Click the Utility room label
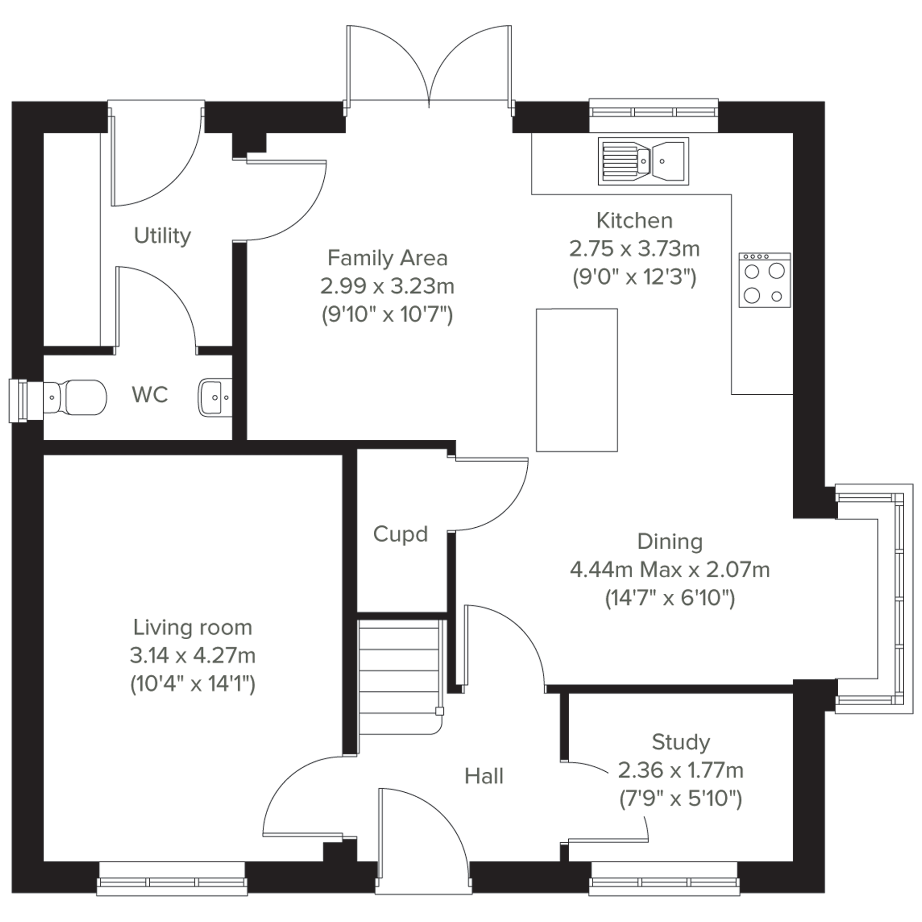point(162,236)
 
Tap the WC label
point(150,395)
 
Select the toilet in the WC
point(75,397)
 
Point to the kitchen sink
point(643,161)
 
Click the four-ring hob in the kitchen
point(765,280)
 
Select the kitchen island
point(577,380)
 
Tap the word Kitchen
point(635,220)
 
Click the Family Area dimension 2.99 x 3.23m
point(387,286)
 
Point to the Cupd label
point(400,534)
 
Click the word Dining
point(670,542)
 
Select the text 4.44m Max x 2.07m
point(670,569)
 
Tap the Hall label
point(484,776)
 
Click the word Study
point(681,742)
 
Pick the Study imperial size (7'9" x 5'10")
point(681,799)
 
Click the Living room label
point(193,627)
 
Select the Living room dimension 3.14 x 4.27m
point(193,656)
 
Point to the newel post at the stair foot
point(439,712)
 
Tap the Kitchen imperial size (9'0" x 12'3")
point(635,277)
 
